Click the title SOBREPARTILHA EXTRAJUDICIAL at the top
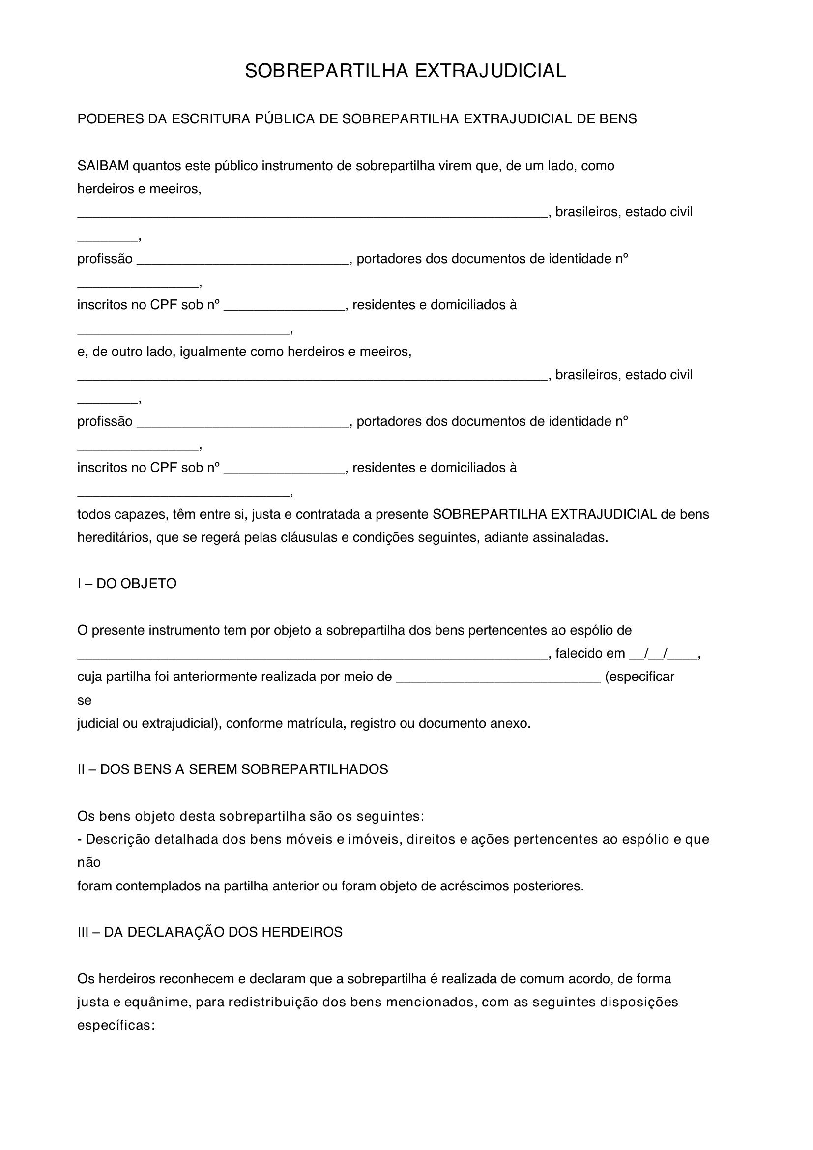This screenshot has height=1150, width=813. pos(406,72)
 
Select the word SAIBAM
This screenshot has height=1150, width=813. pos(103,166)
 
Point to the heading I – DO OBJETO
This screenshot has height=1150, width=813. pos(127,584)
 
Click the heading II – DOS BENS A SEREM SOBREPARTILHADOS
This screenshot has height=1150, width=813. pos(232,770)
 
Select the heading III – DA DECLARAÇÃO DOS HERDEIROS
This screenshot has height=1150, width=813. pos(210,932)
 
